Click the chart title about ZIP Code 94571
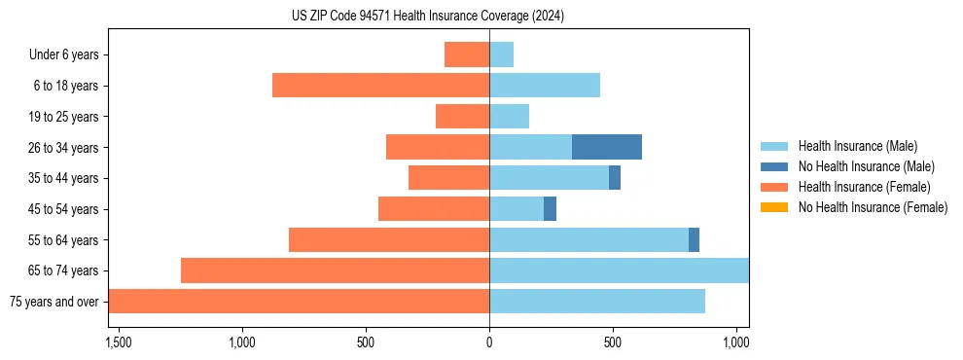click(428, 17)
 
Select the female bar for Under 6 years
click(467, 54)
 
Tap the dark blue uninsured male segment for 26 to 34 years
click(607, 147)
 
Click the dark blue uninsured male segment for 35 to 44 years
click(615, 178)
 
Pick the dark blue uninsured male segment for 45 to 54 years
click(550, 208)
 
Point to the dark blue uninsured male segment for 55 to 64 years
click(694, 239)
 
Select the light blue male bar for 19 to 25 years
click(509, 117)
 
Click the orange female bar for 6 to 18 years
click(380, 86)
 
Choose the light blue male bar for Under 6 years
click(501, 54)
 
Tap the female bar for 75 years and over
click(299, 301)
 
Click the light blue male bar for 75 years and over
click(597, 301)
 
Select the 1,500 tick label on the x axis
click(119, 342)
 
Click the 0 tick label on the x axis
click(489, 342)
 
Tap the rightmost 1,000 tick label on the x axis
click(736, 342)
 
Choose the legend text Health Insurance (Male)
click(857, 146)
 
